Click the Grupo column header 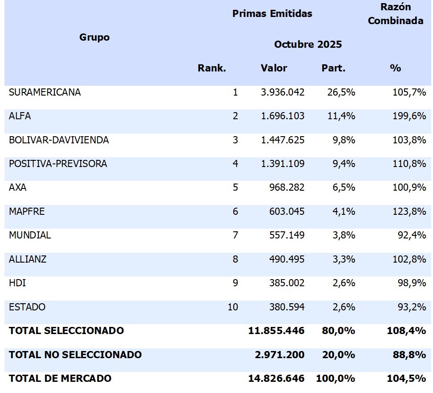coord(95,38)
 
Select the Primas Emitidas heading coord(272,13)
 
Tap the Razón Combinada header coord(395,14)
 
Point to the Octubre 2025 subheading coord(308,44)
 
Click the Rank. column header coord(212,68)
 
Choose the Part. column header coord(333,68)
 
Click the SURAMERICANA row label coord(45,92)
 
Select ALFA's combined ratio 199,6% coord(409,116)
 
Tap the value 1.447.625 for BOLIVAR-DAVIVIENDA coord(283,140)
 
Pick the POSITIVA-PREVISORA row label coord(58,164)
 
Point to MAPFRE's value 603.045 coord(287,211)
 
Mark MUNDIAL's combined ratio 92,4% coord(412,235)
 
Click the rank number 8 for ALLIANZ coord(235,259)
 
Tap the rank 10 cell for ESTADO coord(233,307)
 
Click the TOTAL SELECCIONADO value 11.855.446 coord(276,331)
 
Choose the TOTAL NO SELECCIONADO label coord(75,355)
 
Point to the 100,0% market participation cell coord(335,379)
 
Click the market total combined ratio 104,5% coord(406,379)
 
